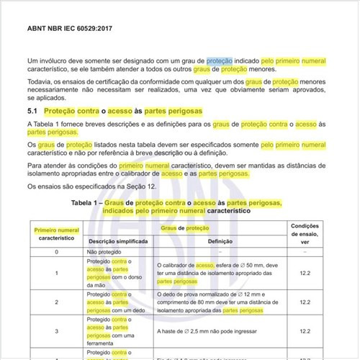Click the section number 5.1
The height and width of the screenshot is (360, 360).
click(32, 112)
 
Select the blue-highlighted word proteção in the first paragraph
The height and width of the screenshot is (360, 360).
click(219, 62)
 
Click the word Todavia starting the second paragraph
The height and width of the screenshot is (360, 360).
click(40, 83)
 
